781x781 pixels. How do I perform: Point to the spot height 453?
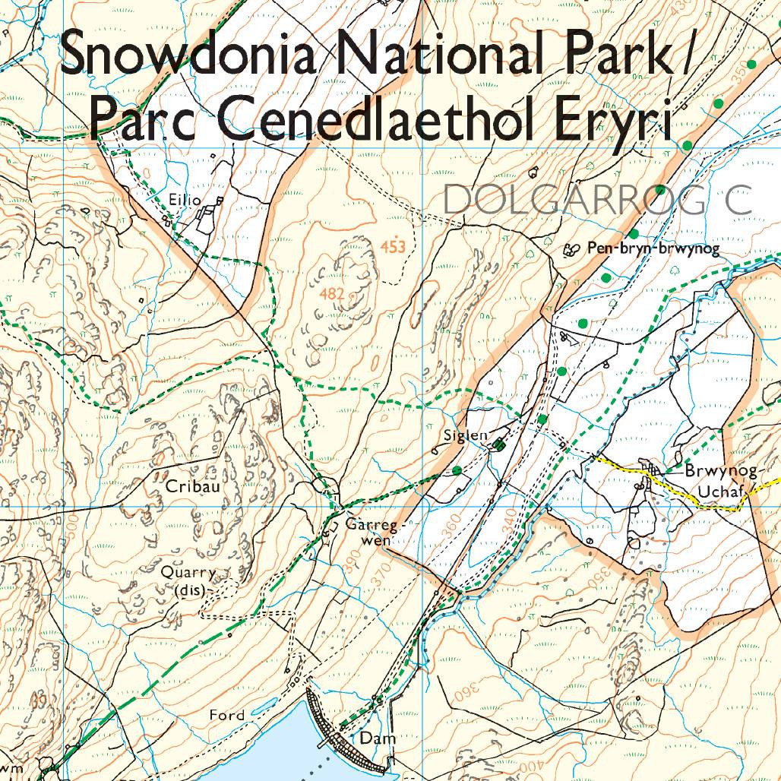click(x=393, y=246)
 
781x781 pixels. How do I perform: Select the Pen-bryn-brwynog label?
click(x=652, y=248)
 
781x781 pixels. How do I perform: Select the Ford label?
click(x=228, y=715)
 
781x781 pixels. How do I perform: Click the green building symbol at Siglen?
click(x=498, y=444)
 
